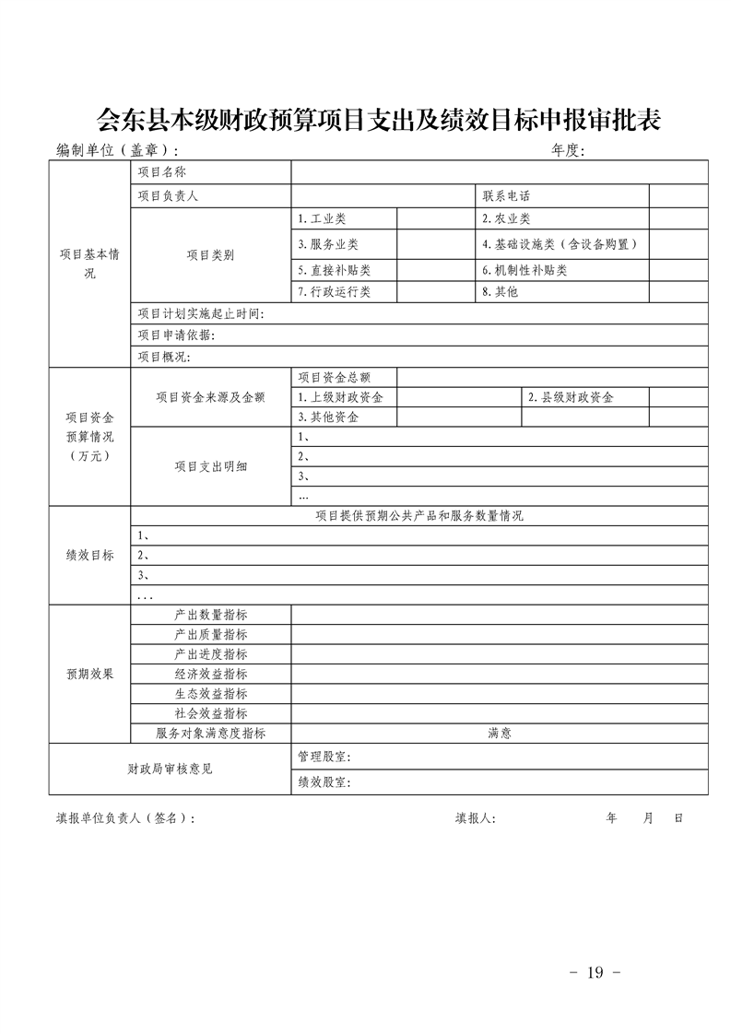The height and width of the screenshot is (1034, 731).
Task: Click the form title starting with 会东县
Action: [379, 120]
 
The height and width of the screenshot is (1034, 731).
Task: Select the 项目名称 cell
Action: [162, 172]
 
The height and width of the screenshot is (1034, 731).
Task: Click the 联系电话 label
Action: [506, 196]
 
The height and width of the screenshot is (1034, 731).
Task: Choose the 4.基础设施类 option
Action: [560, 244]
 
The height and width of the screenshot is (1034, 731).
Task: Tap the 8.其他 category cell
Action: [501, 292]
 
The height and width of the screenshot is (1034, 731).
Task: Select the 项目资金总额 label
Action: [333, 377]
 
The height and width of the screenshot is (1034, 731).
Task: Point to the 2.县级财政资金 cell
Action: [571, 397]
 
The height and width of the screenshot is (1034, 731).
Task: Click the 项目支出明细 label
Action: [211, 466]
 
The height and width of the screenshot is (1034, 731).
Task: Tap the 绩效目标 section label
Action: [89, 555]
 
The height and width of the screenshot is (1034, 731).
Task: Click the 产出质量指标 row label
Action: [211, 634]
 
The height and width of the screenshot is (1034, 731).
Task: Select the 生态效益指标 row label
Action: [211, 693]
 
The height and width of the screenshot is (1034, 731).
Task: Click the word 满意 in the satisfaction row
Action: [500, 734]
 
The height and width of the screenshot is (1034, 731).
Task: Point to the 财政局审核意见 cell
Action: [170, 769]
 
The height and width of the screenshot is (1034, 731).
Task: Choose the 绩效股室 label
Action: [324, 782]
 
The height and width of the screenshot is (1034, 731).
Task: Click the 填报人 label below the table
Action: [475, 817]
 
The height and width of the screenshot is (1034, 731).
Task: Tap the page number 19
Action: [595, 972]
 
